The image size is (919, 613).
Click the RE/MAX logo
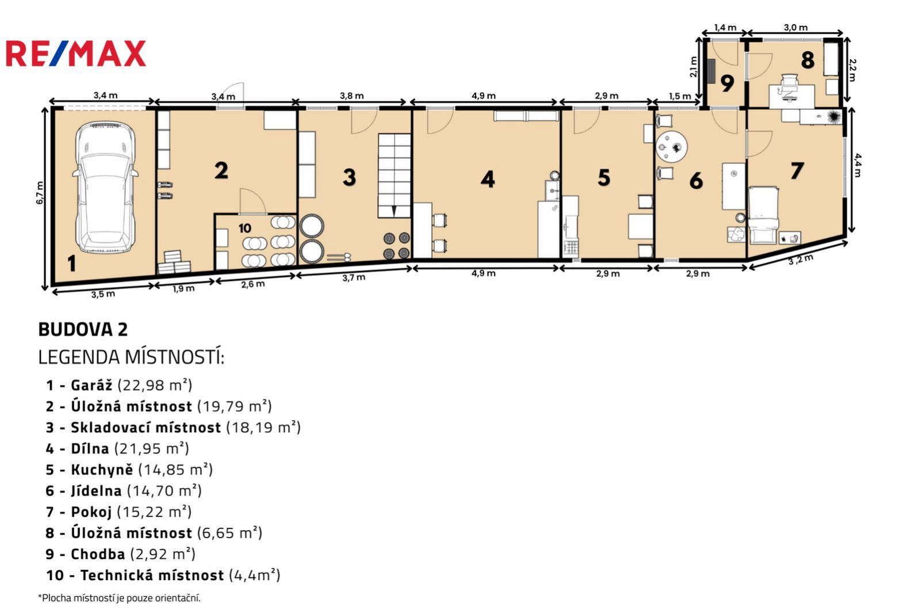(x=76, y=54)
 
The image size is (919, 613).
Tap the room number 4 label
(x=488, y=180)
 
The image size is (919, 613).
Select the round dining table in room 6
(x=672, y=147)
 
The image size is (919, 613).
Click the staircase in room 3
(x=395, y=176)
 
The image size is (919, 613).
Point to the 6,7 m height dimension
(x=40, y=193)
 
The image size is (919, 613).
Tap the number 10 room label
(x=245, y=229)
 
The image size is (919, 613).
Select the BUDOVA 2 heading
(x=83, y=329)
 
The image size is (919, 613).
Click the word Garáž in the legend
(x=91, y=385)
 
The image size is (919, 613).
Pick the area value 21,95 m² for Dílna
(x=151, y=449)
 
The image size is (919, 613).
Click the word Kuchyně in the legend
(x=102, y=470)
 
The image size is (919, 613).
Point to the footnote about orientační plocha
(x=119, y=598)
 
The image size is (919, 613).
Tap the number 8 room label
(x=807, y=60)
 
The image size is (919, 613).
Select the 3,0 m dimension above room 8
(x=795, y=28)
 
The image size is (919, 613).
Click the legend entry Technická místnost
(x=152, y=575)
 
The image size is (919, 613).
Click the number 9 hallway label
(x=727, y=83)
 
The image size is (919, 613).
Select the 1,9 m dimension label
(x=183, y=288)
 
